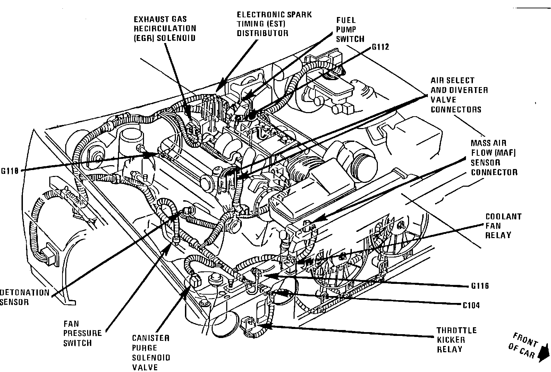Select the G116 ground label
pyautogui.click(x=480, y=286)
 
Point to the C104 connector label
pyautogui.click(x=472, y=305)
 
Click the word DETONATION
pyautogui.click(x=25, y=292)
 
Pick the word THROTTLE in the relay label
pyautogui.click(x=456, y=330)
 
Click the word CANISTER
pyautogui.click(x=151, y=338)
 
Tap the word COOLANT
pyautogui.click(x=503, y=217)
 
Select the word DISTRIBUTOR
pyautogui.click(x=263, y=34)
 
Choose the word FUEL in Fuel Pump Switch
pyautogui.click(x=346, y=20)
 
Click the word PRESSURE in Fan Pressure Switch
pyautogui.click(x=83, y=333)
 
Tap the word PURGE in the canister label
pyautogui.click(x=145, y=348)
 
